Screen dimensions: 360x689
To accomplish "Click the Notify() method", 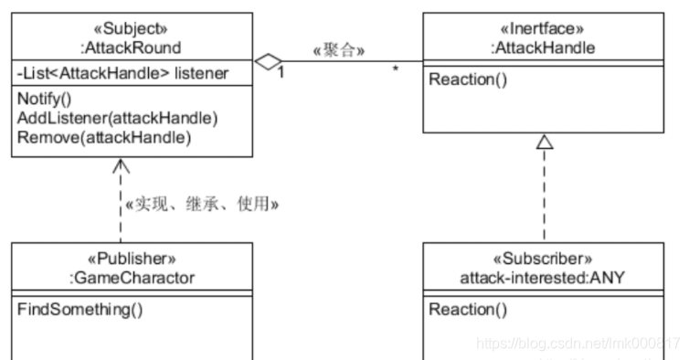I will [x=44, y=100].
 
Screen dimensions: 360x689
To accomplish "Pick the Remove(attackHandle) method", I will [x=102, y=137].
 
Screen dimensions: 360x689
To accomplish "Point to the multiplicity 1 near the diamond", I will [x=281, y=74].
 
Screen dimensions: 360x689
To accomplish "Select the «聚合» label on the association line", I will [x=339, y=48].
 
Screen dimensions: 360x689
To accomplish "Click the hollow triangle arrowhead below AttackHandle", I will [x=546, y=141].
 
